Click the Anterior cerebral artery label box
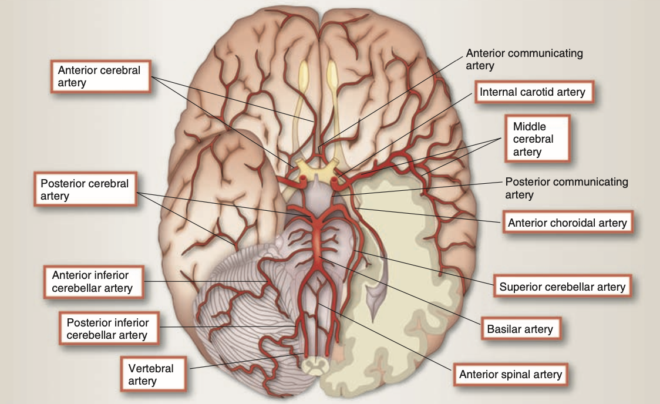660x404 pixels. click(99, 76)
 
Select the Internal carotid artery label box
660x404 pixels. click(532, 92)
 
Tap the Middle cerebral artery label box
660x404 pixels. click(537, 139)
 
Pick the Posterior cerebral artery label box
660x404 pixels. click(85, 189)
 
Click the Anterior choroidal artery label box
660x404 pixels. click(567, 223)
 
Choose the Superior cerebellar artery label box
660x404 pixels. click(562, 287)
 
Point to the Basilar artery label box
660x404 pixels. click(520, 329)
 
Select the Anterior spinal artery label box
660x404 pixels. click(510, 374)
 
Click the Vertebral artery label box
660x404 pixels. click(151, 375)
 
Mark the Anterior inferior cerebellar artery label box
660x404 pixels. click(92, 281)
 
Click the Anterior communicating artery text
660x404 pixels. click(524, 59)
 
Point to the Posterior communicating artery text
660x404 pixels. click(566, 188)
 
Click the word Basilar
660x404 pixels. click(503, 329)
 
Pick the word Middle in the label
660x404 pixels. click(529, 127)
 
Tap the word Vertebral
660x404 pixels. click(151, 369)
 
